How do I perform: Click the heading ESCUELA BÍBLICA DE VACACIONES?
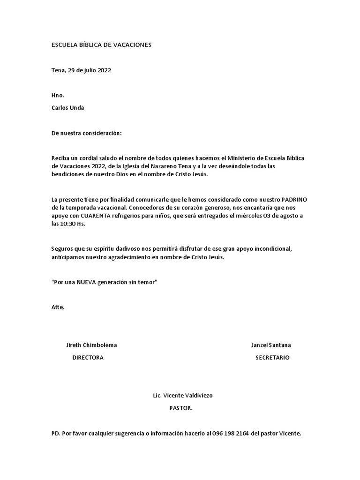tap(101, 45)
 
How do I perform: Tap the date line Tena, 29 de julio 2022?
tap(81, 70)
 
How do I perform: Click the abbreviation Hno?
tap(58, 96)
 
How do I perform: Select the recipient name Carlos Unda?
tap(67, 107)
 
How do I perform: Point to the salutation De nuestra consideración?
tap(86, 133)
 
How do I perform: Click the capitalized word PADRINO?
tap(294, 199)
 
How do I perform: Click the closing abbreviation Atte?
tap(58, 307)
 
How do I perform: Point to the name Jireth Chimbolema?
tap(91, 345)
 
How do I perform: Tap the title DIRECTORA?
tap(88, 357)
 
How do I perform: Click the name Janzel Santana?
tap(271, 345)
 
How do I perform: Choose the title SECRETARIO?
tap(272, 357)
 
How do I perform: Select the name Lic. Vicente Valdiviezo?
tap(183, 396)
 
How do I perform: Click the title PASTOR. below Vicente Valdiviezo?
tap(181, 408)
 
